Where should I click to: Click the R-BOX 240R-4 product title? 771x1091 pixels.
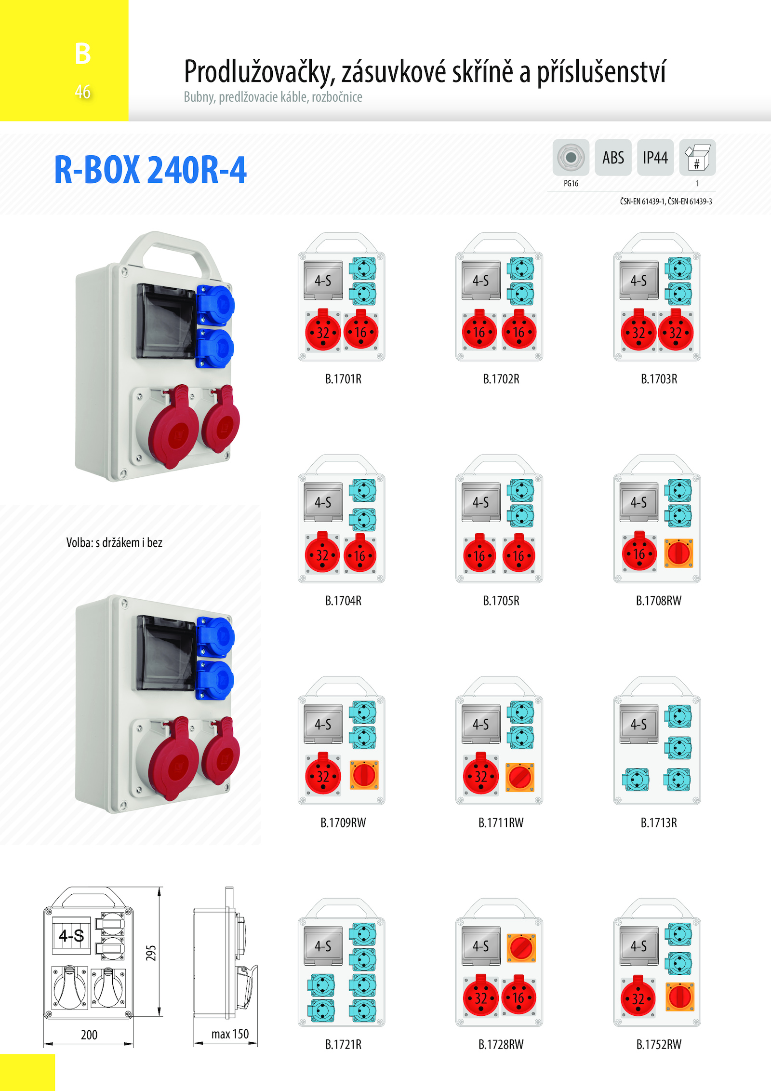150,170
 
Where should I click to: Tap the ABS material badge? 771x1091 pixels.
613,158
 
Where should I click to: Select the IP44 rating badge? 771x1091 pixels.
655,158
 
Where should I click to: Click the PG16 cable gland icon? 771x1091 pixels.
571,158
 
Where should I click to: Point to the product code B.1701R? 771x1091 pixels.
343,379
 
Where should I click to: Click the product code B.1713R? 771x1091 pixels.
659,822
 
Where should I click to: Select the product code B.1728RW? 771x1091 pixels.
501,1044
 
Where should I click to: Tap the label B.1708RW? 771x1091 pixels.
659,601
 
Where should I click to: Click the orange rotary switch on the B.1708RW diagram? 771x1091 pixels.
678,553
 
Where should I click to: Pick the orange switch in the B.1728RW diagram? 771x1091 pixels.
521,948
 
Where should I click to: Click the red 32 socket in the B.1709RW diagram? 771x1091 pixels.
323,775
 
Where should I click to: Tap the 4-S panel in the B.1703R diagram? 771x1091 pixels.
639,280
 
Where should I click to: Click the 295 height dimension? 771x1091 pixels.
151,953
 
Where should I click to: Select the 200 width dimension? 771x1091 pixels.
89,1035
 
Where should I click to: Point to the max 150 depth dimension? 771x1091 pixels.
230,1034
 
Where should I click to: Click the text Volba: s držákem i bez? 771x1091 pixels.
114,543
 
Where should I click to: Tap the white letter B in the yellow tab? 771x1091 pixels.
82,53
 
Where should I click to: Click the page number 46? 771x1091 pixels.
82,92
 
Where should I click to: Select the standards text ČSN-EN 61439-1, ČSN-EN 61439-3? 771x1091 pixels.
666,202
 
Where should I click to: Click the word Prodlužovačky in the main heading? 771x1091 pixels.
259,72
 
